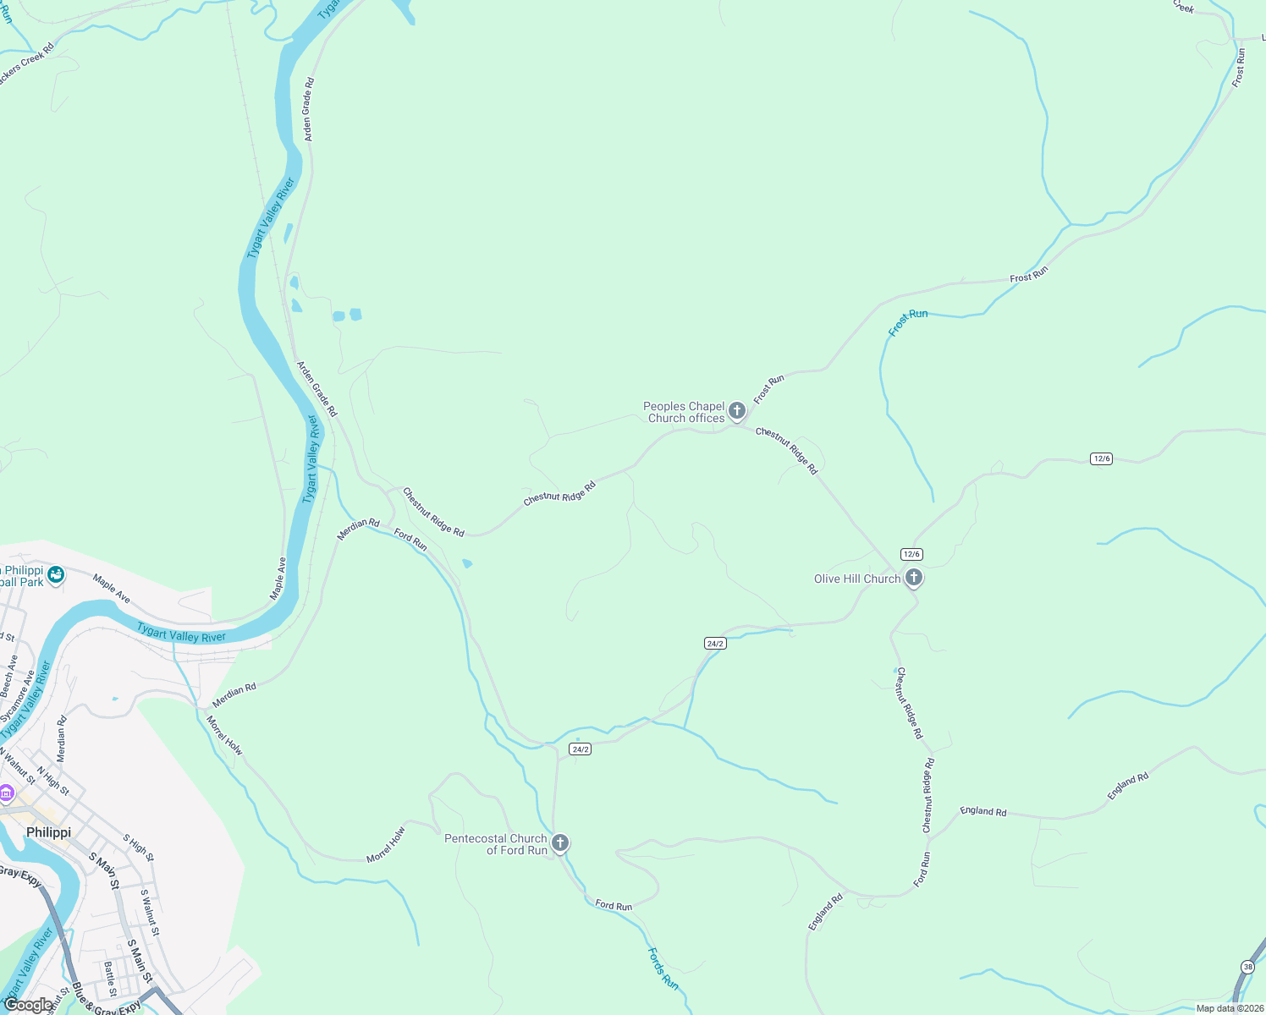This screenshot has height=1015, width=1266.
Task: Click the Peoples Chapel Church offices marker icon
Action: click(x=737, y=411)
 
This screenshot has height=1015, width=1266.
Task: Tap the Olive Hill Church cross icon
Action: click(x=913, y=578)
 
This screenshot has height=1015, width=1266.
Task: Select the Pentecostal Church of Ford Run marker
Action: click(x=559, y=842)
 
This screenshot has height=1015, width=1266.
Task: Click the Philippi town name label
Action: click(x=48, y=832)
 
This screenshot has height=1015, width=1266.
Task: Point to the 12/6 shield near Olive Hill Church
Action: click(x=911, y=554)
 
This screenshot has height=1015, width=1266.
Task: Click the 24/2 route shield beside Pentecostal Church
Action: click(x=580, y=749)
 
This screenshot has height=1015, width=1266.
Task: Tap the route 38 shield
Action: click(x=1248, y=967)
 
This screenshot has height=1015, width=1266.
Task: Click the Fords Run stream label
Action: click(x=663, y=968)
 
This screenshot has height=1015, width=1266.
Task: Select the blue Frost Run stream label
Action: click(x=907, y=321)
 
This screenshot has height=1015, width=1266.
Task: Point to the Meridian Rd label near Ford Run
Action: click(x=358, y=529)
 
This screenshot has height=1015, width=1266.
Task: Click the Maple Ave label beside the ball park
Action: click(x=112, y=589)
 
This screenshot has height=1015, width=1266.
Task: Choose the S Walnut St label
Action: click(x=149, y=912)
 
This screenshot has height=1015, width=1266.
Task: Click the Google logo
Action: click(x=27, y=1004)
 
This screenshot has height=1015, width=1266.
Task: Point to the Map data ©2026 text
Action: click(x=1229, y=1008)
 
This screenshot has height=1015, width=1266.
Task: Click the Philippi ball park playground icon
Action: click(x=56, y=575)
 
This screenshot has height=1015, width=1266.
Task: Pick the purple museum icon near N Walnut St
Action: click(x=7, y=793)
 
